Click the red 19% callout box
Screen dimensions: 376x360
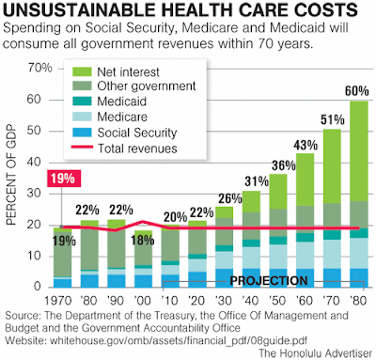pos(64,179)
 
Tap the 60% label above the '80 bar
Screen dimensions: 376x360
pos(357,91)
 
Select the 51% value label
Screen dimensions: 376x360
pos(332,119)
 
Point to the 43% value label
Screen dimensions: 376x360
pos(305,145)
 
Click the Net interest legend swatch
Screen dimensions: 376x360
pos(82,71)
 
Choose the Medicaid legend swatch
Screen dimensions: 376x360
pos(82,101)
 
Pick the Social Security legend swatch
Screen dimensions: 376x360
pos(82,133)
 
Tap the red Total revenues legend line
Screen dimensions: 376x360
pos(82,147)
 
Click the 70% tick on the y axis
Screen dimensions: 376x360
pos(40,68)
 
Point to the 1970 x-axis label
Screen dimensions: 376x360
pos(58,301)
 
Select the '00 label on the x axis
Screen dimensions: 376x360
pos(143,301)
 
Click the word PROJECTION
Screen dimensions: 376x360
pos(269,281)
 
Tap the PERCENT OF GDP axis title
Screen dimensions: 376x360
pos(11,175)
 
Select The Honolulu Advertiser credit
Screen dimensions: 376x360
pos(316,353)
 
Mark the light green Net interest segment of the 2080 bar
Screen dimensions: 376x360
pos(359,151)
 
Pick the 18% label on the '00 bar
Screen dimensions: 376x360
pos(143,241)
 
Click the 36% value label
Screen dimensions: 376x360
pos(284,165)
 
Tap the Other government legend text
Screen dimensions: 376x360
pos(147,86)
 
